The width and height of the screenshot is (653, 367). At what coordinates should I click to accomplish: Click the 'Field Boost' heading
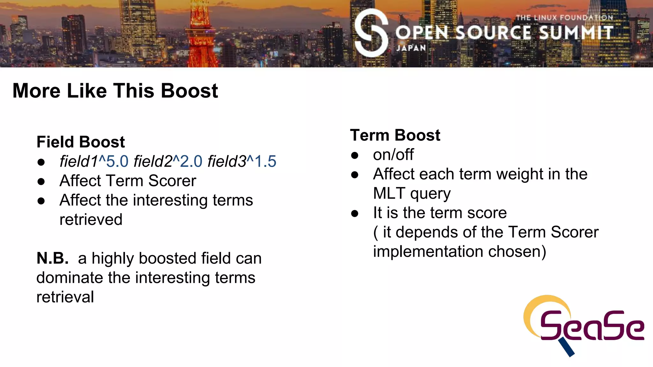[80, 142]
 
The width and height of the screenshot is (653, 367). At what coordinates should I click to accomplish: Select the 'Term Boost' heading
[395, 135]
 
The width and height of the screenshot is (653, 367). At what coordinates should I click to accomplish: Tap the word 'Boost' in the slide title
[189, 91]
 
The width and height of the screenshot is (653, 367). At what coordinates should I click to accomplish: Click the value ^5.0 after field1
[114, 162]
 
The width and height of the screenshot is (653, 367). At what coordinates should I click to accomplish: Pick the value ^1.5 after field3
[261, 162]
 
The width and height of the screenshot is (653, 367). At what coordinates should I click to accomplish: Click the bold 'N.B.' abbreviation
[53, 258]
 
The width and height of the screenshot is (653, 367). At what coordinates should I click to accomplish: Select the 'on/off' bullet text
[393, 155]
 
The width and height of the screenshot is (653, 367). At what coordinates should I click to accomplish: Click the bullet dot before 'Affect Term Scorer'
[41, 182]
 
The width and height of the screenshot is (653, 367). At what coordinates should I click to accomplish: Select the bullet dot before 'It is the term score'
[355, 213]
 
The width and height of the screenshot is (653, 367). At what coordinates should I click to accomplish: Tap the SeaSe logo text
[592, 326]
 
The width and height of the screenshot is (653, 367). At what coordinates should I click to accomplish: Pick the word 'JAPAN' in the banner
[411, 48]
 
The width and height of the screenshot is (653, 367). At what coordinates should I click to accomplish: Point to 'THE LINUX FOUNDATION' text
[564, 18]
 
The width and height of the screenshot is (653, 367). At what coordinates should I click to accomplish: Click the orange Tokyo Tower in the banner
[201, 38]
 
